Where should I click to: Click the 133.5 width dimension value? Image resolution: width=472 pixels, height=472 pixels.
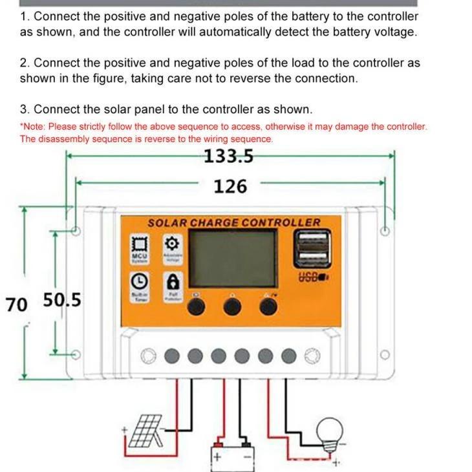(x=229, y=156)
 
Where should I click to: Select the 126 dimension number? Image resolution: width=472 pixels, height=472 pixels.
(x=230, y=187)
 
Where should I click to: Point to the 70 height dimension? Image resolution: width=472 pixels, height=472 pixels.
(x=16, y=303)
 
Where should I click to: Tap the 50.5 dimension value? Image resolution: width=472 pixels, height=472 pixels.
(x=62, y=301)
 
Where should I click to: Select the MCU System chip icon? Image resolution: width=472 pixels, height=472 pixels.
(x=140, y=244)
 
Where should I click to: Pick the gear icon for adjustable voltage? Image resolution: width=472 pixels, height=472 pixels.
(x=172, y=244)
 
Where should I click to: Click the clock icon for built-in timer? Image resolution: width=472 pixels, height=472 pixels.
(x=140, y=281)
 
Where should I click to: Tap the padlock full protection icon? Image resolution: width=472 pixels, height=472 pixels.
(x=173, y=281)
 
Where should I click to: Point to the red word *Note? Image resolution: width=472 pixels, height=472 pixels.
(x=33, y=127)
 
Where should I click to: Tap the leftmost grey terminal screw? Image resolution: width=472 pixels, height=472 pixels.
(x=171, y=355)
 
